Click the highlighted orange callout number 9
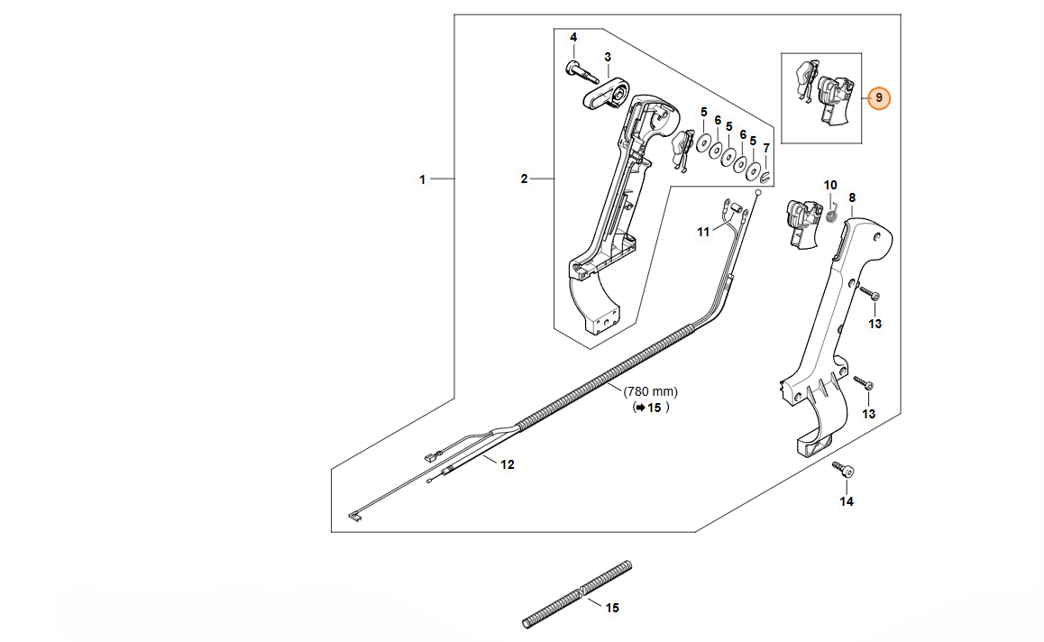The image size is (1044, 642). pyautogui.click(x=879, y=98)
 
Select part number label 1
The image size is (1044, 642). pyautogui.click(x=422, y=179)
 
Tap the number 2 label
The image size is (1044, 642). pyautogui.click(x=524, y=179)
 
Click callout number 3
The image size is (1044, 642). pyautogui.click(x=608, y=57)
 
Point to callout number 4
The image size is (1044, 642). pyautogui.click(x=572, y=37)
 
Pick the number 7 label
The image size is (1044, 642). pyautogui.click(x=766, y=148)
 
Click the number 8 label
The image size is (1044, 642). pyautogui.click(x=852, y=197)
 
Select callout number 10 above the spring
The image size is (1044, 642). pyautogui.click(x=831, y=185)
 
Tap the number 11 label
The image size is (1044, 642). pyautogui.click(x=703, y=232)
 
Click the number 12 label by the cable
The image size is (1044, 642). pyautogui.click(x=508, y=464)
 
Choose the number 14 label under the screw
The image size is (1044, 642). pyautogui.click(x=847, y=501)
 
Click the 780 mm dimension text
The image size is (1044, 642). pyautogui.click(x=650, y=392)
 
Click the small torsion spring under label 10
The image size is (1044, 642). pyautogui.click(x=832, y=213)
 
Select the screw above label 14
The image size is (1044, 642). pyautogui.click(x=845, y=470)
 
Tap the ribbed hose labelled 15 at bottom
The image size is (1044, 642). pyautogui.click(x=577, y=594)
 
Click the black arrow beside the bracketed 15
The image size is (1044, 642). pyautogui.click(x=639, y=408)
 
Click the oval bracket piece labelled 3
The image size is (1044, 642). pyautogui.click(x=604, y=94)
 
